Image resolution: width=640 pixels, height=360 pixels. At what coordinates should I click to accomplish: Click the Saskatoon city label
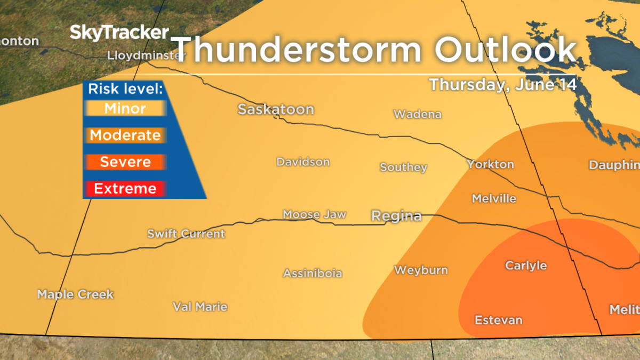tap(276, 109)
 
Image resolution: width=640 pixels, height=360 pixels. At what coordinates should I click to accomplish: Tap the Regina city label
tap(396, 216)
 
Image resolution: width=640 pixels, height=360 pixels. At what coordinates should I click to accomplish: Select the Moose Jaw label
tap(315, 214)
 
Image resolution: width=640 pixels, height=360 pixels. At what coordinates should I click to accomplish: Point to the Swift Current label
tap(186, 234)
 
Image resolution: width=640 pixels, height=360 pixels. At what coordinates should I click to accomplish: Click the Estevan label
tap(499, 320)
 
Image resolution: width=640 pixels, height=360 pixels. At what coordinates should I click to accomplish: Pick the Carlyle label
tap(526, 266)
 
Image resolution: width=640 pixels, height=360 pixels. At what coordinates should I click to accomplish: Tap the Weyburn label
tap(421, 270)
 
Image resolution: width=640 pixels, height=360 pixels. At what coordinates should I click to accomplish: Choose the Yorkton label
tap(490, 164)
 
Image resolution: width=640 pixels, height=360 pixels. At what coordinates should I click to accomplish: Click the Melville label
tap(494, 198)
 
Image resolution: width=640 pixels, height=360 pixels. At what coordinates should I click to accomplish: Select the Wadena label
tap(418, 114)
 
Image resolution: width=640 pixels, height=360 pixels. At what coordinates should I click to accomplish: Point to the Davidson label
tap(303, 162)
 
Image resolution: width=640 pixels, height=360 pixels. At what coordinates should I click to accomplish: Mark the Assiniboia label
tap(313, 274)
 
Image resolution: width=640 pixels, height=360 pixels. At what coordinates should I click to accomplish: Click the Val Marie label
tap(200, 307)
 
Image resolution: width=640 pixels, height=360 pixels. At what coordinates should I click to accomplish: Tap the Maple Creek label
tap(75, 294)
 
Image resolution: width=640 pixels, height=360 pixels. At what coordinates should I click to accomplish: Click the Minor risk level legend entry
tap(125, 109)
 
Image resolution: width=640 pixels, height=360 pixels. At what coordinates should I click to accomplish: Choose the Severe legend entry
tap(125, 162)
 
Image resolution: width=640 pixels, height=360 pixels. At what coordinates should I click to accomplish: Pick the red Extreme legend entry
tap(125, 189)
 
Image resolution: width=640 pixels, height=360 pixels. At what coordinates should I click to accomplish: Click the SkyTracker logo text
tap(119, 33)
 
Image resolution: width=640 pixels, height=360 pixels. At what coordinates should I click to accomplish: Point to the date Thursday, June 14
tap(503, 85)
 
